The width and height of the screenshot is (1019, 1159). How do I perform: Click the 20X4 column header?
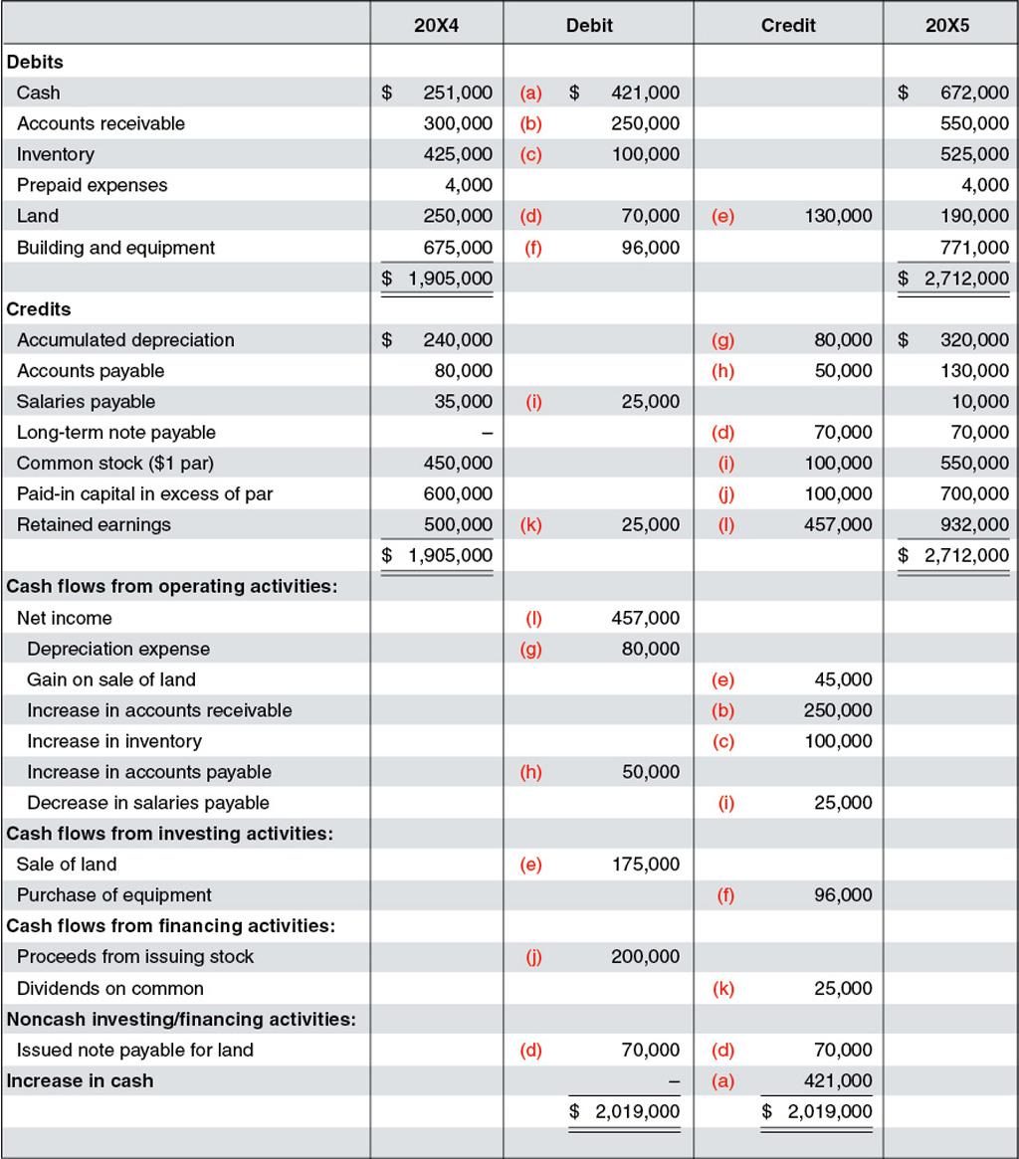point(436,26)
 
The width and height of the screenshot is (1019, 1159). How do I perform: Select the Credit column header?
point(788,26)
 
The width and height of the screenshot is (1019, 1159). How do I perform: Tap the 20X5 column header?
point(946,26)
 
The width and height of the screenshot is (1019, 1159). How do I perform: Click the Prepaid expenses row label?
point(93,185)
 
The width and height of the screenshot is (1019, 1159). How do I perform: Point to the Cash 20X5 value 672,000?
point(974,93)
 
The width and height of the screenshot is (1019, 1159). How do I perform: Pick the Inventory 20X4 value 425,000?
point(458,154)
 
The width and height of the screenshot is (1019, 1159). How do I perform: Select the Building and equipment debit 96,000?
point(652,247)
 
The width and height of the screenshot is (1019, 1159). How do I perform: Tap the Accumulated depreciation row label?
point(125,340)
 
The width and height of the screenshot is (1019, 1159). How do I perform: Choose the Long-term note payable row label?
point(116,433)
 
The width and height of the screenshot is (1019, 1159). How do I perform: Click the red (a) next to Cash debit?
point(530,93)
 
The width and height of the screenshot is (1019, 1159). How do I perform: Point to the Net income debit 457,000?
point(646,618)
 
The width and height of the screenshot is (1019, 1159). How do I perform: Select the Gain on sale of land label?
point(111,679)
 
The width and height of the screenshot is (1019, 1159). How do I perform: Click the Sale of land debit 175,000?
point(646,865)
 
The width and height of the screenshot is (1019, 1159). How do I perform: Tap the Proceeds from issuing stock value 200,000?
point(646,957)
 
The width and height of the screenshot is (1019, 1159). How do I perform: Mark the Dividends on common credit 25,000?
point(843,989)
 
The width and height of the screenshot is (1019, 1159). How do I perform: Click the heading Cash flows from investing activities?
point(170,834)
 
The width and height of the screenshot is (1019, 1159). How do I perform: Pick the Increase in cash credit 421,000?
point(838,1081)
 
